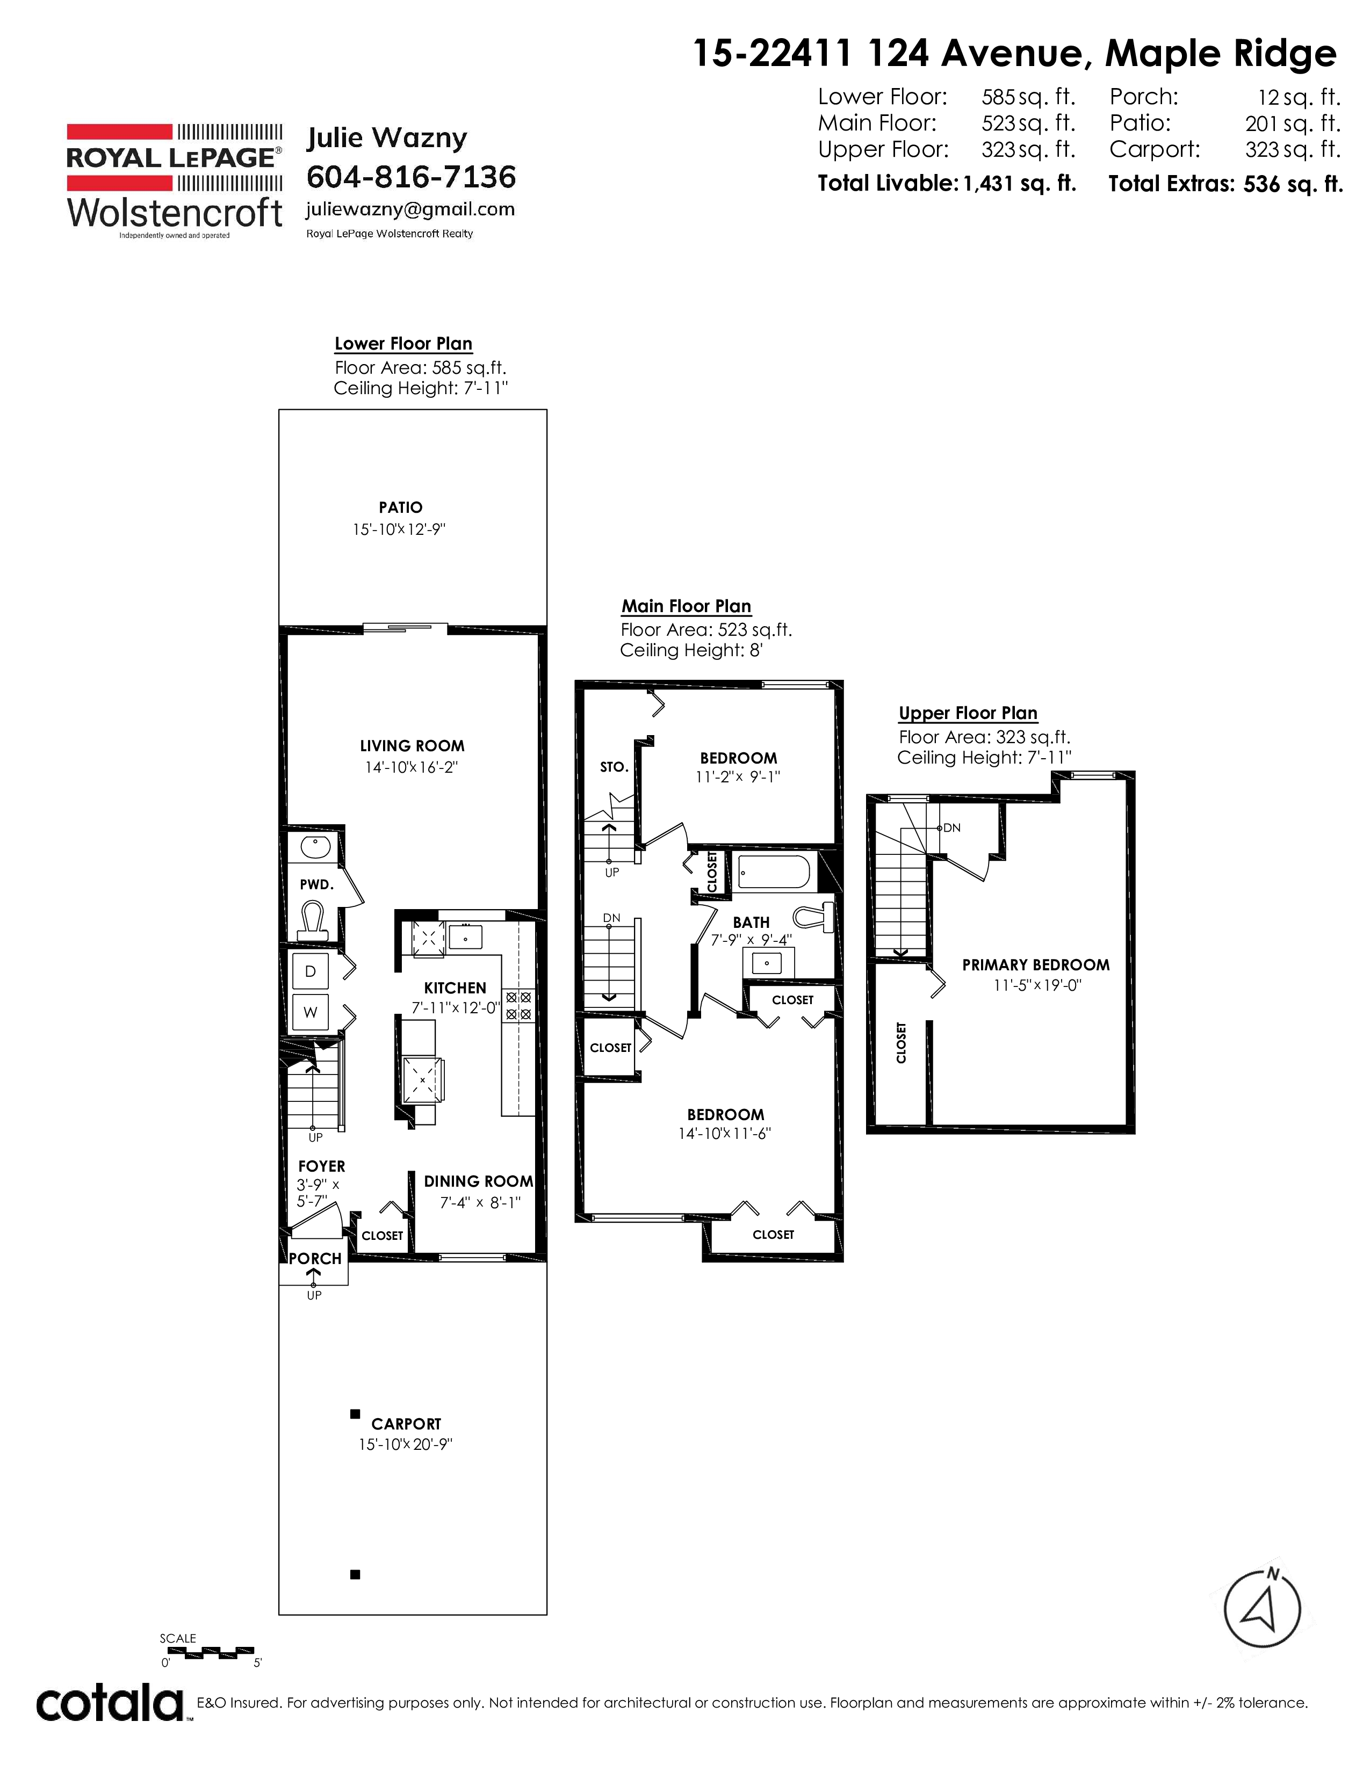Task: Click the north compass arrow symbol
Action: (x=1261, y=1610)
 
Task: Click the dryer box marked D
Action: (x=310, y=971)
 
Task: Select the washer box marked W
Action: (x=310, y=1012)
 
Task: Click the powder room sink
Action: (x=314, y=847)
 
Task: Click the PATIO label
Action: (x=400, y=508)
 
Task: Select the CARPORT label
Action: (x=406, y=1424)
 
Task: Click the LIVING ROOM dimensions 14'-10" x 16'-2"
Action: (x=412, y=767)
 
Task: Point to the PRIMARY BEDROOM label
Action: (x=1036, y=965)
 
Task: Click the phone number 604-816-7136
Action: (x=410, y=176)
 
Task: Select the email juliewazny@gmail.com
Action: (x=410, y=209)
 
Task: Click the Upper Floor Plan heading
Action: (x=968, y=713)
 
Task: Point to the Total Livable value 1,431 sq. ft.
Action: (x=1019, y=183)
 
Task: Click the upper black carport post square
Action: (x=355, y=1414)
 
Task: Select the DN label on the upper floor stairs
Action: (x=952, y=827)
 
